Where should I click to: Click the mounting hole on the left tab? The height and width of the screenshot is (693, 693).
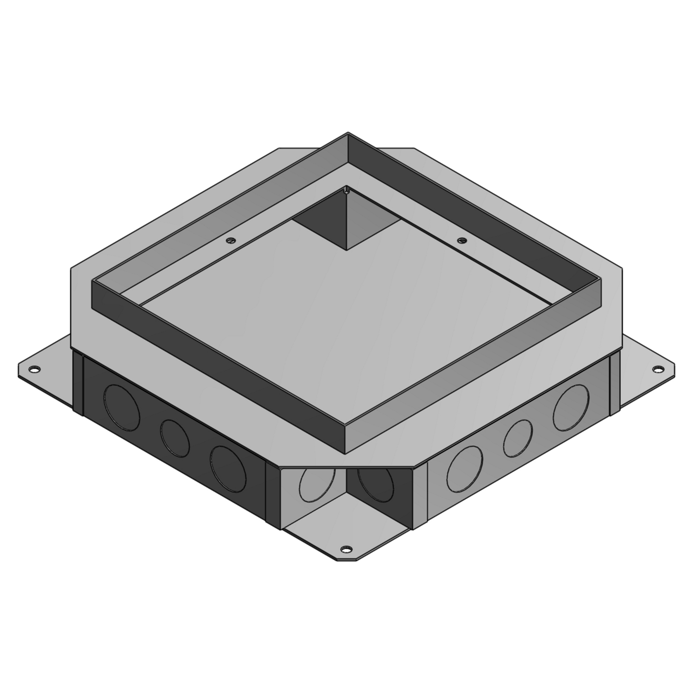pyautogui.click(x=34, y=369)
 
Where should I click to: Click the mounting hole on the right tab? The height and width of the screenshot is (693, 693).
pyautogui.click(x=657, y=369)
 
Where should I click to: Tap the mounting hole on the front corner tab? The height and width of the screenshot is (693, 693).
pyautogui.click(x=345, y=549)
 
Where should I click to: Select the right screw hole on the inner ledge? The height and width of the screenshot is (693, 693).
pyautogui.click(x=461, y=240)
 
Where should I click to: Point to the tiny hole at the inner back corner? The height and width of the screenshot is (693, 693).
pyautogui.click(x=346, y=188)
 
